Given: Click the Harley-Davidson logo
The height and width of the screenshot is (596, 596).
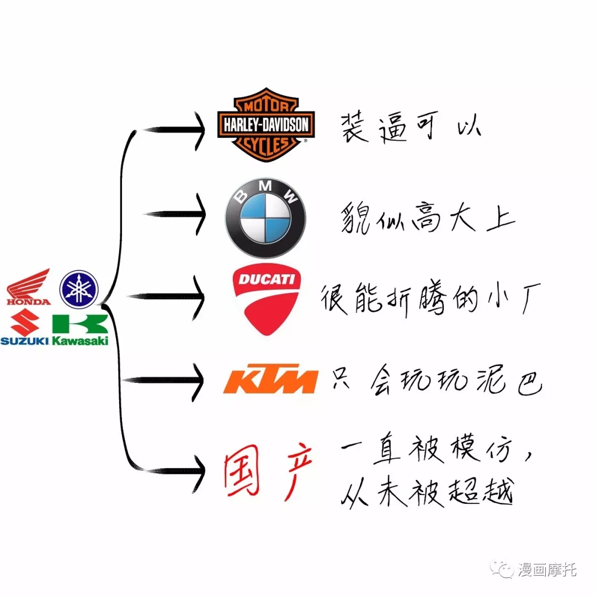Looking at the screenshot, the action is (x=266, y=125).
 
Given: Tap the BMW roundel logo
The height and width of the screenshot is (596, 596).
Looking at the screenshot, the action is (x=265, y=218).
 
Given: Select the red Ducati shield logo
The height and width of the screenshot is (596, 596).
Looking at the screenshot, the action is (x=267, y=299).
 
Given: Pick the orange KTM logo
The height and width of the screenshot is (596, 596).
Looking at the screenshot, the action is (x=270, y=379).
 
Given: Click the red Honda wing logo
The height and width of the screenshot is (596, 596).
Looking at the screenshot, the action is (x=29, y=287).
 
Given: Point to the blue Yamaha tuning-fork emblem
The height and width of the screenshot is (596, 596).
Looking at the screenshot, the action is (x=79, y=289).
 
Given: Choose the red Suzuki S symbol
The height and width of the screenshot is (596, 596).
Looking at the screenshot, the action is (x=25, y=322).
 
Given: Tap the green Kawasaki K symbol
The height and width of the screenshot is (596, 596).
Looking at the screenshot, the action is (x=80, y=324).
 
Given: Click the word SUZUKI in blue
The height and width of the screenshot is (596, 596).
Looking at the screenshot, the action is (x=25, y=341).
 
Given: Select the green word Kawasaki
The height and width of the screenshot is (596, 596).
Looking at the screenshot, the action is (x=80, y=340).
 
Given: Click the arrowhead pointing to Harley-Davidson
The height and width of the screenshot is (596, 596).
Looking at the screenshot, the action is (x=200, y=131).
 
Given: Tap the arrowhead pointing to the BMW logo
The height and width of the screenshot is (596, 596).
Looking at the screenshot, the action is (x=200, y=214).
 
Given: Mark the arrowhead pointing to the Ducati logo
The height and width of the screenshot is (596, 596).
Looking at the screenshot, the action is (x=199, y=297).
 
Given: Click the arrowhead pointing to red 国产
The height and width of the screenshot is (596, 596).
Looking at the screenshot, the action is (x=199, y=472).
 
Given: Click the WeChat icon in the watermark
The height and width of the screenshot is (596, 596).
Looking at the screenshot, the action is (x=502, y=569).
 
